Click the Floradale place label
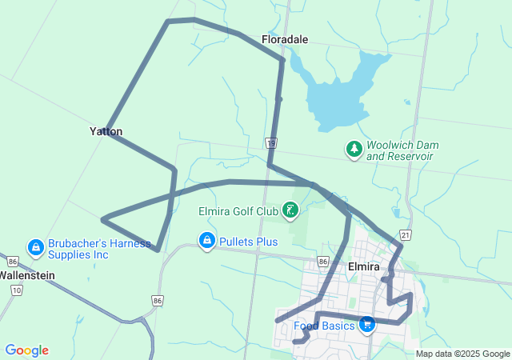click(x=284, y=38)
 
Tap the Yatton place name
click(x=106, y=131)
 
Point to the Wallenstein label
click(x=26, y=274)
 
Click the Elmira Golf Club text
click(x=238, y=212)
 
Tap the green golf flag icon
click(x=290, y=211)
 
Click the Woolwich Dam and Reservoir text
click(x=400, y=150)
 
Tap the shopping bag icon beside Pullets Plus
click(x=207, y=240)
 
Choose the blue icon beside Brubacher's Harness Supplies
click(x=35, y=247)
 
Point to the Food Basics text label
click(x=323, y=326)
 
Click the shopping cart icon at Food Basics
click(x=366, y=324)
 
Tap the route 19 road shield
click(x=272, y=143)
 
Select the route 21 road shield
click(x=406, y=234)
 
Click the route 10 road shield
click(x=18, y=290)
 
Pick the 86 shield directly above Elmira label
click(x=322, y=262)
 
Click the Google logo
click(x=26, y=350)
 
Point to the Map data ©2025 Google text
click(x=462, y=354)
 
